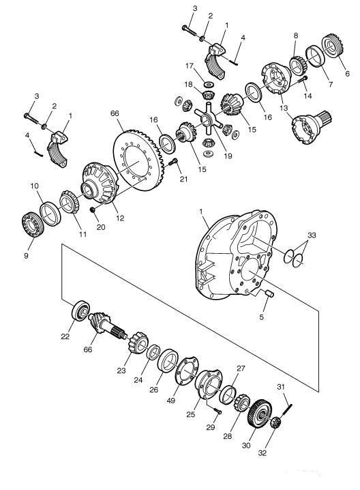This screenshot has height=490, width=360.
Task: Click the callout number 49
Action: coord(171,401)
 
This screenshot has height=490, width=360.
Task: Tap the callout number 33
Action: coord(312,235)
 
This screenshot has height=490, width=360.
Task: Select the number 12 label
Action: coord(120,218)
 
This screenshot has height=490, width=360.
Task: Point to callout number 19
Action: coord(228,156)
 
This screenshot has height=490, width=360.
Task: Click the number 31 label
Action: coord(281,387)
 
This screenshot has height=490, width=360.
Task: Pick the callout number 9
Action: coord(26,255)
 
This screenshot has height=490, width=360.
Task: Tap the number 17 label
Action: coord(190,66)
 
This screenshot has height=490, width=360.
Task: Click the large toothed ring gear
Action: coord(136,160)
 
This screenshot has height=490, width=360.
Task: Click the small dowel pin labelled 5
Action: coord(270,293)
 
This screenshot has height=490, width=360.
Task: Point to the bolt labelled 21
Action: coord(173,162)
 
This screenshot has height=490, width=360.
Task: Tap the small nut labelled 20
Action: coord(93,210)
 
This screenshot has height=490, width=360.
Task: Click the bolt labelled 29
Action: coord(217,412)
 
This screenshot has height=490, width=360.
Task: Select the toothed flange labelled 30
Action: coord(260,413)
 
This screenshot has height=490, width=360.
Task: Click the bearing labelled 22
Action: coord(81,311)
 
